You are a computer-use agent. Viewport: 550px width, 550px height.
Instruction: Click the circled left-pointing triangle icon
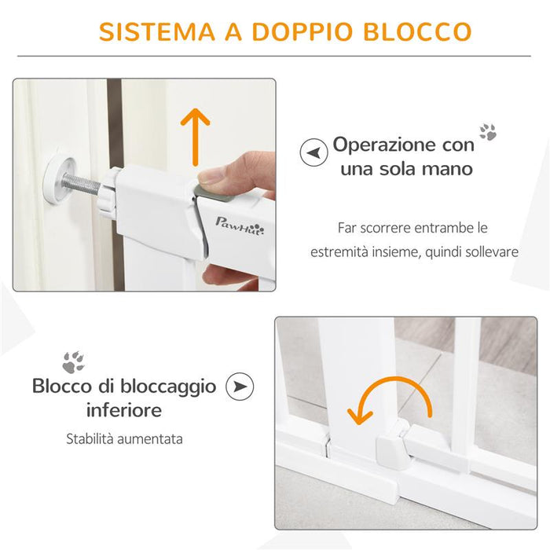click(313, 152)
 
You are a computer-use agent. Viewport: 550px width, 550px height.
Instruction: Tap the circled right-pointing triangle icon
click(240, 387)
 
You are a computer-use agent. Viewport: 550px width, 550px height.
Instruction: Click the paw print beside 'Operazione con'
click(488, 131)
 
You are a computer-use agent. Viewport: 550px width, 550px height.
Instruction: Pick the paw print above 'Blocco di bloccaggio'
click(73, 361)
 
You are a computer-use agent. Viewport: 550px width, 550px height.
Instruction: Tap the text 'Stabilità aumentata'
click(124, 438)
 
